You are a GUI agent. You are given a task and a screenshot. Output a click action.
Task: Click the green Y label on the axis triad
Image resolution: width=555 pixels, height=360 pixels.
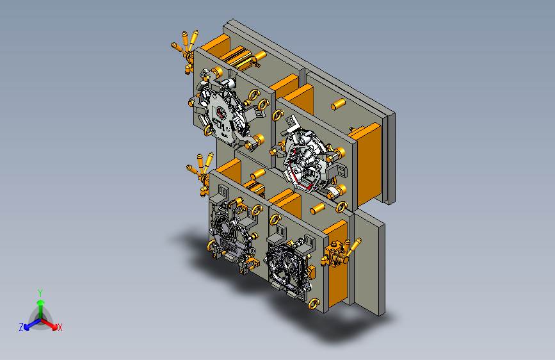click(40, 293)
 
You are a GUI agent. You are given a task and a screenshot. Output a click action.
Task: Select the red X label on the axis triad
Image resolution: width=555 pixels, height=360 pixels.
click(60, 328)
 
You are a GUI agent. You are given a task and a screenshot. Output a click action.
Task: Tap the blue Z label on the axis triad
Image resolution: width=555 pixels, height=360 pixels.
click(21, 327)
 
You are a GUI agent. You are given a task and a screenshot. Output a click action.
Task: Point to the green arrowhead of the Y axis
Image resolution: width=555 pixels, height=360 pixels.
click(41, 303)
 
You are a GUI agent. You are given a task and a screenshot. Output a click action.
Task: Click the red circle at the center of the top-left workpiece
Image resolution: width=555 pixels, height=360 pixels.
click(221, 113)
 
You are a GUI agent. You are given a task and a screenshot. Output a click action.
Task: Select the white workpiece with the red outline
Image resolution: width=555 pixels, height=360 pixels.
click(305, 158)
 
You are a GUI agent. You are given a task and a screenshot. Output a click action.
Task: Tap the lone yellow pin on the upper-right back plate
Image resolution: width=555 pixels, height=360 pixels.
click(338, 104)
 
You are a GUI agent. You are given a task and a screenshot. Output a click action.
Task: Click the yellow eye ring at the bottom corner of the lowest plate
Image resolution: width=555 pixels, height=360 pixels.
click(314, 304)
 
